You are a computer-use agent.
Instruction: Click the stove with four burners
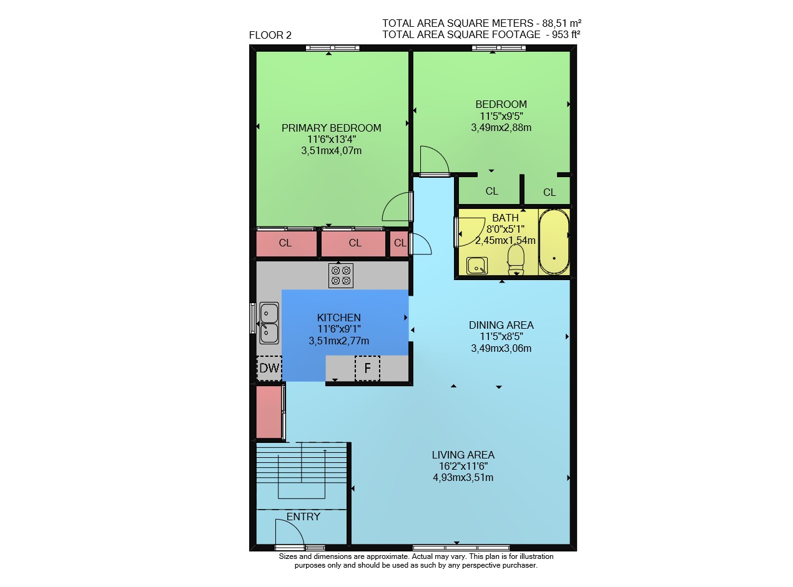click(341, 276)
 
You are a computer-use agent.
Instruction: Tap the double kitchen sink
click(269, 323)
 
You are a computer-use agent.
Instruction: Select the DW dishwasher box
click(269, 368)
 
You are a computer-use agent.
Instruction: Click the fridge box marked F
click(367, 368)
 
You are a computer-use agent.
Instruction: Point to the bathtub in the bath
click(554, 242)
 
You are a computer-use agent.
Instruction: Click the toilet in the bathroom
click(516, 260)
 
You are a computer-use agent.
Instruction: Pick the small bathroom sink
click(477, 266)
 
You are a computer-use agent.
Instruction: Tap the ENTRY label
click(303, 517)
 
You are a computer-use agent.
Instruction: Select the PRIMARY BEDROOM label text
click(331, 128)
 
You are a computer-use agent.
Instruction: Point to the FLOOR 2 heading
click(270, 35)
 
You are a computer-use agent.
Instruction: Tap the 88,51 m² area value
click(562, 23)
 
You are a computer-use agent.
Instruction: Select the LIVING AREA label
click(463, 455)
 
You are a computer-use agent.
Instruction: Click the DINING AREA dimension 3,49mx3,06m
click(501, 348)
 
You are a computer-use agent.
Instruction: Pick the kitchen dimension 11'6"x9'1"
click(338, 329)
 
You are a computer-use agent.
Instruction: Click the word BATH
click(505, 218)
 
